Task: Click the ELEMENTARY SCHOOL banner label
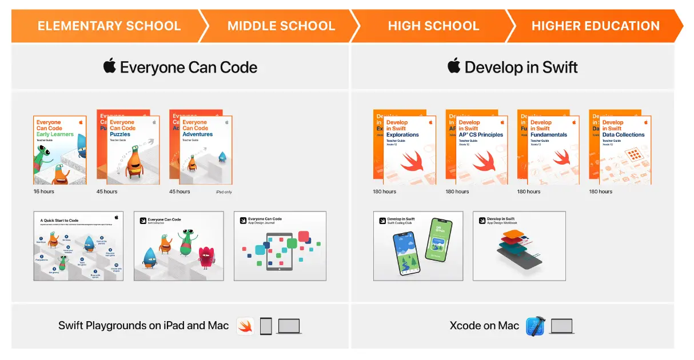109,26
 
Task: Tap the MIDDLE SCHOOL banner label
281,26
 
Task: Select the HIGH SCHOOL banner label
433,26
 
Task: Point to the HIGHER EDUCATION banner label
595,26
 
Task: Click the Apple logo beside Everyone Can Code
110,66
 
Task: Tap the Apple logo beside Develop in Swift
454,66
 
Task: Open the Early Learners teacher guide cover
60,150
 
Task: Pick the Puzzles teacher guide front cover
133,150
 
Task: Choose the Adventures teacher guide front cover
206,150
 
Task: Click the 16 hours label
44,191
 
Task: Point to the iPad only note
224,192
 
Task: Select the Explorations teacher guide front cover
409,150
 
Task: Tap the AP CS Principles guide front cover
481,150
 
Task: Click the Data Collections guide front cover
625,150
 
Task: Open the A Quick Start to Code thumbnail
78,246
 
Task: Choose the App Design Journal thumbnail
280,246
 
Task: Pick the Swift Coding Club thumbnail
418,246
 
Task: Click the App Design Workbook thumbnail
519,246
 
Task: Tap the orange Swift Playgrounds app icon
246,326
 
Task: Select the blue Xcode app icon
536,326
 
